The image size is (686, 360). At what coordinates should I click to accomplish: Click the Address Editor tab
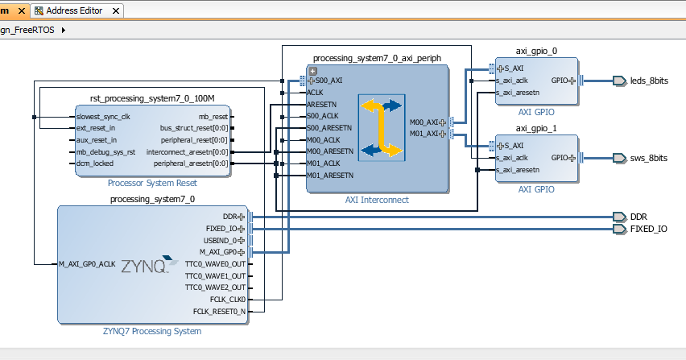click(72, 11)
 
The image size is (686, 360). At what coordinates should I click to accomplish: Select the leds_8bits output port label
click(649, 81)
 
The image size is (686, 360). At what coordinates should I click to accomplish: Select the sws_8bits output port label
click(648, 158)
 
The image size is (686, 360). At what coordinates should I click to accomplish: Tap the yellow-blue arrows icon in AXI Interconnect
click(380, 128)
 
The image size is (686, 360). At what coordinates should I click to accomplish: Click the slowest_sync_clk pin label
click(102, 117)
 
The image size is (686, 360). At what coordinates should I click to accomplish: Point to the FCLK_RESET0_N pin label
click(219, 311)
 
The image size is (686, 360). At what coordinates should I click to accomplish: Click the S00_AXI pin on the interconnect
click(329, 81)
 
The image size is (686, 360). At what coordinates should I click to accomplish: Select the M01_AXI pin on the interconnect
click(427, 134)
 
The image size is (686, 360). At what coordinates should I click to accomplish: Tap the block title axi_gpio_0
click(536, 51)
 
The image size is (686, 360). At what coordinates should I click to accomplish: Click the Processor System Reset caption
click(153, 183)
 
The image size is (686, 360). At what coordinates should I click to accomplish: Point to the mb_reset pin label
click(213, 117)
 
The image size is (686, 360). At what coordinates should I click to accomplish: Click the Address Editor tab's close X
click(115, 11)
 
